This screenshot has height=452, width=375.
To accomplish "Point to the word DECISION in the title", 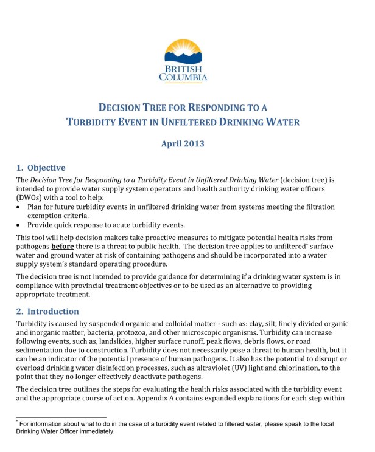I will point(119,108).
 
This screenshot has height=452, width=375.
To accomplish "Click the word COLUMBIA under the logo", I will point(183,78).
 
